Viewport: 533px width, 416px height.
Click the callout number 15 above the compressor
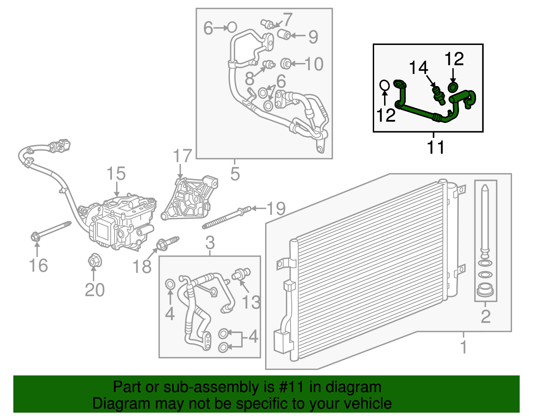tap(116, 174)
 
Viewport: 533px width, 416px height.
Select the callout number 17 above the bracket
tap(183, 156)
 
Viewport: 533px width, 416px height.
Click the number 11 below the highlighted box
tap(436, 147)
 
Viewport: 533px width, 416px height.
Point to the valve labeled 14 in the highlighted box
tap(438, 95)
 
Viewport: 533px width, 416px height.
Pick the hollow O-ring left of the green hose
tap(384, 85)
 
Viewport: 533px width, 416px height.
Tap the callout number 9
tap(313, 37)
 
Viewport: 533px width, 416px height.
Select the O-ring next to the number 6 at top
tap(232, 27)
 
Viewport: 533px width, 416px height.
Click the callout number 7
tap(287, 19)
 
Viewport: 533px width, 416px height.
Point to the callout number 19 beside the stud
tap(276, 209)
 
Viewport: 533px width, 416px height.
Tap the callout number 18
tap(142, 266)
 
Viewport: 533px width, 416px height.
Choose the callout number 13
tap(251, 302)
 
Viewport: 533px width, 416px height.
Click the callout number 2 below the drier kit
tap(486, 316)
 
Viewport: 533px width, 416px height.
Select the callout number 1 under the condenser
tap(463, 347)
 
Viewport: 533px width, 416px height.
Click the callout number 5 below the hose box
tap(235, 174)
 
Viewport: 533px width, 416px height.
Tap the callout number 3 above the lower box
tap(210, 243)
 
